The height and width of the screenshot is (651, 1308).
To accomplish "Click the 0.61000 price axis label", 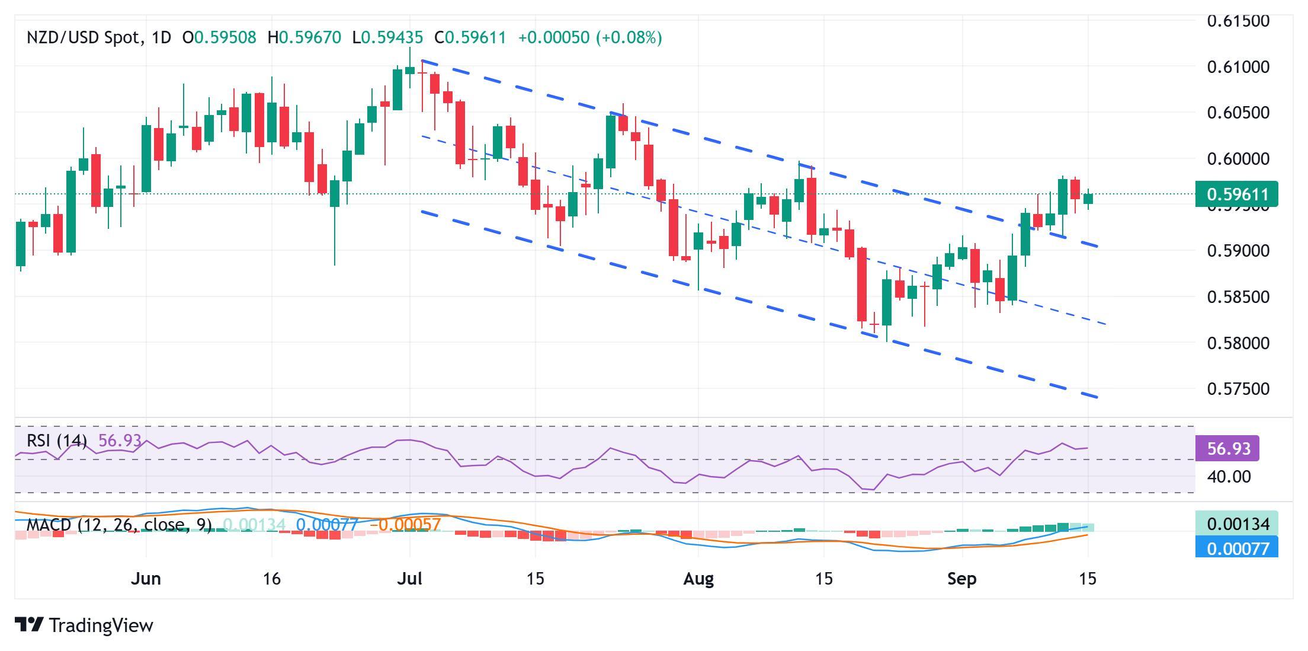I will pos(1238,67).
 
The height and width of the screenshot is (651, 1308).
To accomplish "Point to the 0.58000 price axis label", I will pos(1238,343).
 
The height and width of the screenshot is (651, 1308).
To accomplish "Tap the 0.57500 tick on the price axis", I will pos(1238,389).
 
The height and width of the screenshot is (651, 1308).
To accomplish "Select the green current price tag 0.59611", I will pos(1237,194).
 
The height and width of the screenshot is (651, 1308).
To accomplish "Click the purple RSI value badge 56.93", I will pos(1227,448).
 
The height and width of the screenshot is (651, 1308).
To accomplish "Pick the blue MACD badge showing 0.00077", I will pos(1237,548).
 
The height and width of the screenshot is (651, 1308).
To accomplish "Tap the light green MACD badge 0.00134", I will pos(1237,524).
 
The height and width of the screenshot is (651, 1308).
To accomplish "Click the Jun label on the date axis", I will pos(146,579).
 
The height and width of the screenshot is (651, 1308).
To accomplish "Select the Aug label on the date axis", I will pos(698,579).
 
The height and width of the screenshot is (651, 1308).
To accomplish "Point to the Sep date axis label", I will pos(961,579).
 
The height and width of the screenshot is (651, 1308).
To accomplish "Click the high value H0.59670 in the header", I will pos(304,38).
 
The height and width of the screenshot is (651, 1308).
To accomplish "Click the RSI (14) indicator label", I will pos(57,441).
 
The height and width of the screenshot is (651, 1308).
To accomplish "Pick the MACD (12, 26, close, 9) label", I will pos(118,525).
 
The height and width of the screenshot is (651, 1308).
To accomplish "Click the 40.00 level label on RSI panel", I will pos(1229,477).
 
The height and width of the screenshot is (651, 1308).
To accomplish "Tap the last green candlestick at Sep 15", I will pos(1088,199).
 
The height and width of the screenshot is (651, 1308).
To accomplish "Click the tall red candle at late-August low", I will pos(862,285).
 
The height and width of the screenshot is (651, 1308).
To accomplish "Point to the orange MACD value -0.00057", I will pos(405,525).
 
